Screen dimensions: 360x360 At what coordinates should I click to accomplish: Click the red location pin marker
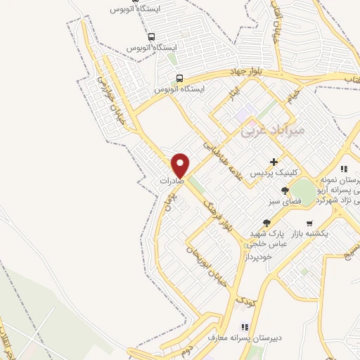click(181, 165)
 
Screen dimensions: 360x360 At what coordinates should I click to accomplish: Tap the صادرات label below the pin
click(172, 181)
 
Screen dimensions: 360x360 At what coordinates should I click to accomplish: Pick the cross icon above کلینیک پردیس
click(274, 162)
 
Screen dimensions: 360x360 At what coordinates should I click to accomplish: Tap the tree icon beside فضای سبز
click(285, 191)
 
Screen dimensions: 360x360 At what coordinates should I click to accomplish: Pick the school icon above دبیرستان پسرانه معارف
click(245, 327)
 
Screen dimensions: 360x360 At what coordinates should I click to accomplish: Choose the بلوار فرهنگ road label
click(217, 214)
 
